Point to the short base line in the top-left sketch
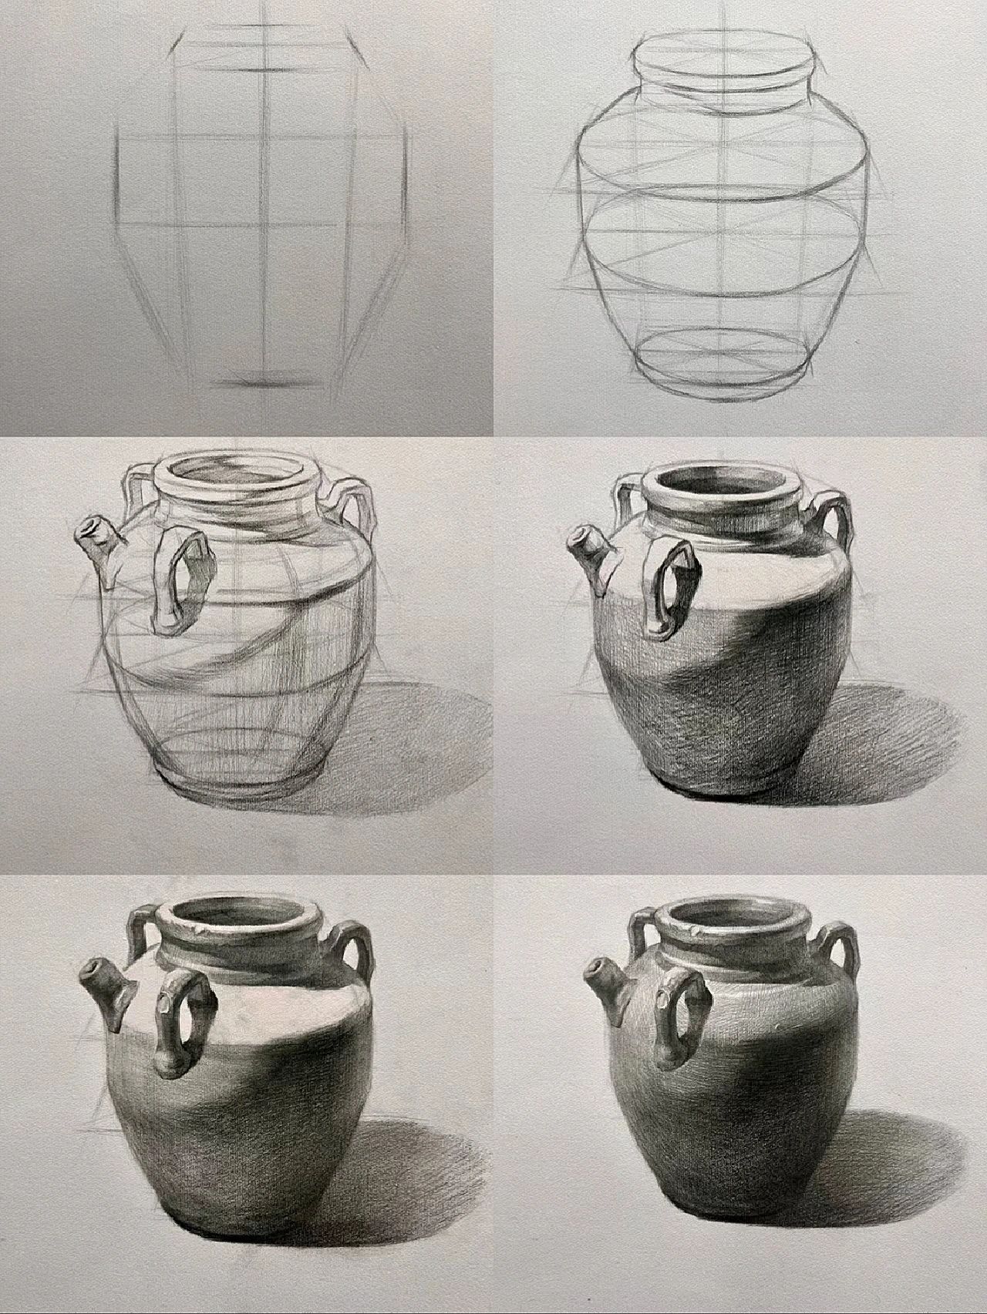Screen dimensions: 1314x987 266,382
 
